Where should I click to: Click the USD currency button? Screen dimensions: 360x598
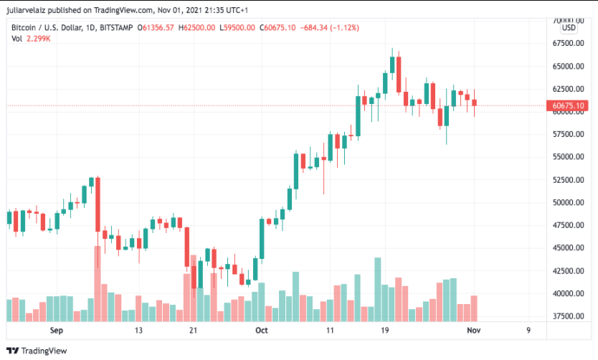point(569,27)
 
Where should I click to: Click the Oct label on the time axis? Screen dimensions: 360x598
point(262,330)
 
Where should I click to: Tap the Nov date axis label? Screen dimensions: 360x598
point(473,330)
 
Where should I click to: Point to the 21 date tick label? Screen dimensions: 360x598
point(193,330)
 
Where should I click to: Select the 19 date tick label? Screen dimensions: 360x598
point(384,330)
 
